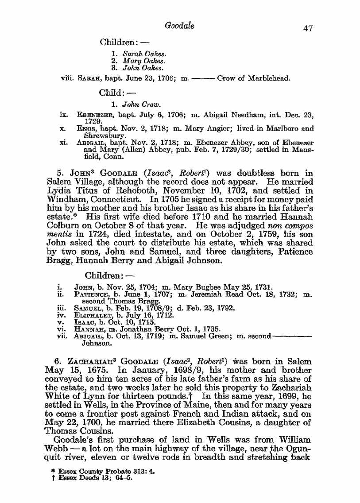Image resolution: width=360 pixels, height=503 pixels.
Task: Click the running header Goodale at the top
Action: (179, 25)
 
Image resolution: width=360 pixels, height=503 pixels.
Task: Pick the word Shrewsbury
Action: (103, 136)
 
